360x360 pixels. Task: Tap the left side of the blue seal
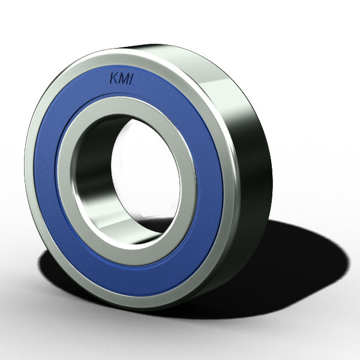[x=45, y=174]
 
